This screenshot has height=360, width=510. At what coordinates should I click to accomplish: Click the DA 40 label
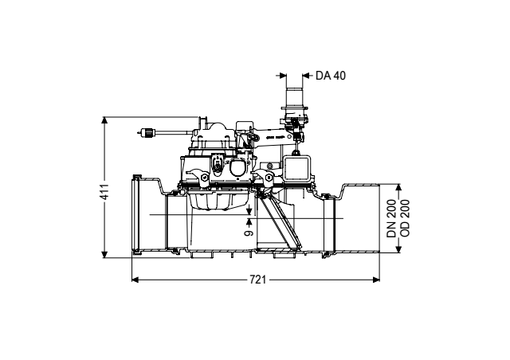(331, 76)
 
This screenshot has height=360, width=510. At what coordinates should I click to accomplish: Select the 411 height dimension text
(104, 192)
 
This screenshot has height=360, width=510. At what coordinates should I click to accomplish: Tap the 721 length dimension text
(257, 280)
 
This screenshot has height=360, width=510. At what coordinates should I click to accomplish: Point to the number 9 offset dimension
(249, 233)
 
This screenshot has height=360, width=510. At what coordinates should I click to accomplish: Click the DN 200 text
(392, 218)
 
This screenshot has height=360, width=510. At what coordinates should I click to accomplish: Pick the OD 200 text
(405, 218)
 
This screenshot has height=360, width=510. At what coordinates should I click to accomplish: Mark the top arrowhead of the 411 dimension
(104, 120)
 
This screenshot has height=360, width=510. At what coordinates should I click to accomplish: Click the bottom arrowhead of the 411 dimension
(104, 254)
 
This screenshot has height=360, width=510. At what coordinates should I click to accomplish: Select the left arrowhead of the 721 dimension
(135, 280)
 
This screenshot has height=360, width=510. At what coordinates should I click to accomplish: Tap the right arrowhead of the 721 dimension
(376, 280)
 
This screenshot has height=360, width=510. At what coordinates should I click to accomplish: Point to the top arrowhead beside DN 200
(398, 188)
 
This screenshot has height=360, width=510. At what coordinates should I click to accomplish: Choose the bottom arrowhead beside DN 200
(398, 249)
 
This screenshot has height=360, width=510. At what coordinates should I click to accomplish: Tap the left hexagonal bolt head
(204, 178)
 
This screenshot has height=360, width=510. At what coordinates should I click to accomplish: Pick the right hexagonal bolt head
(269, 178)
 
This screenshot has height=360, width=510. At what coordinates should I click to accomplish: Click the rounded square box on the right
(297, 168)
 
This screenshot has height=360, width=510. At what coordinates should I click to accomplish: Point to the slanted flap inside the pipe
(280, 223)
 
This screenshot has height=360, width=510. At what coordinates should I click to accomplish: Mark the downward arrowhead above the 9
(249, 211)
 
